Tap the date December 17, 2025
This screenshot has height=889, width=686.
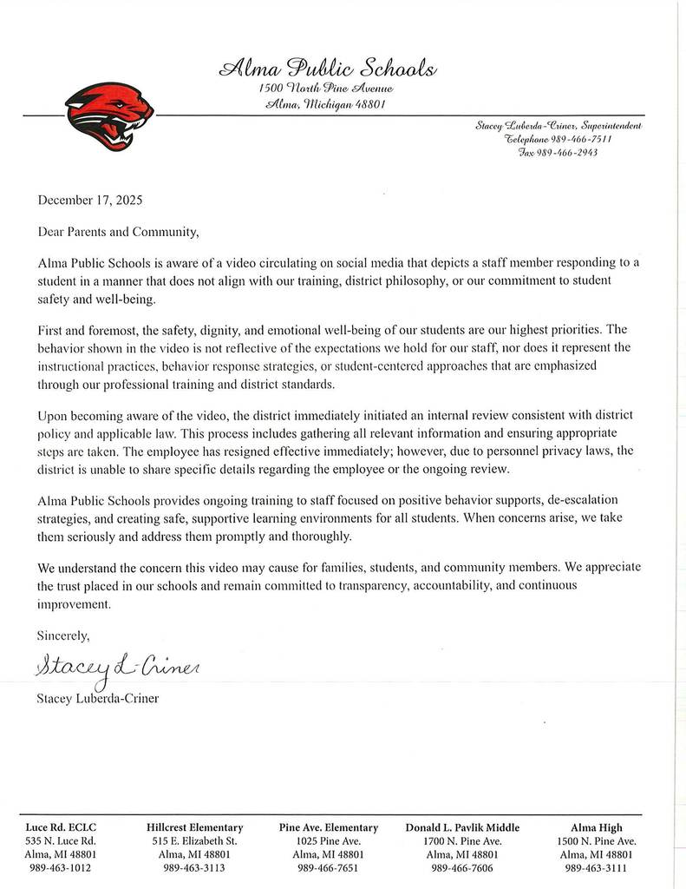pyautogui.click(x=90, y=200)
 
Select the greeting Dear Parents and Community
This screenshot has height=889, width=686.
pyautogui.click(x=119, y=233)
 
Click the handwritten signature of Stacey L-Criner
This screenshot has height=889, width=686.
pyautogui.click(x=116, y=667)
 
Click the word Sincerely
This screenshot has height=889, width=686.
pyautogui.click(x=63, y=635)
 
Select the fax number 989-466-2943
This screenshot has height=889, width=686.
pyautogui.click(x=569, y=152)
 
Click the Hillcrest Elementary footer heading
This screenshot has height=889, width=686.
pyautogui.click(x=195, y=827)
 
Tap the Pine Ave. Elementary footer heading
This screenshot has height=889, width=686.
pyautogui.click(x=329, y=827)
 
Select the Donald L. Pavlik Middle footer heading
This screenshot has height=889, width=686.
pyautogui.click(x=462, y=827)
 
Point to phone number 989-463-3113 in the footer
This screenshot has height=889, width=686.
pyautogui.click(x=195, y=867)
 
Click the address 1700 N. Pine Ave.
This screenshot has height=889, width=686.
pyautogui.click(x=462, y=841)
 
